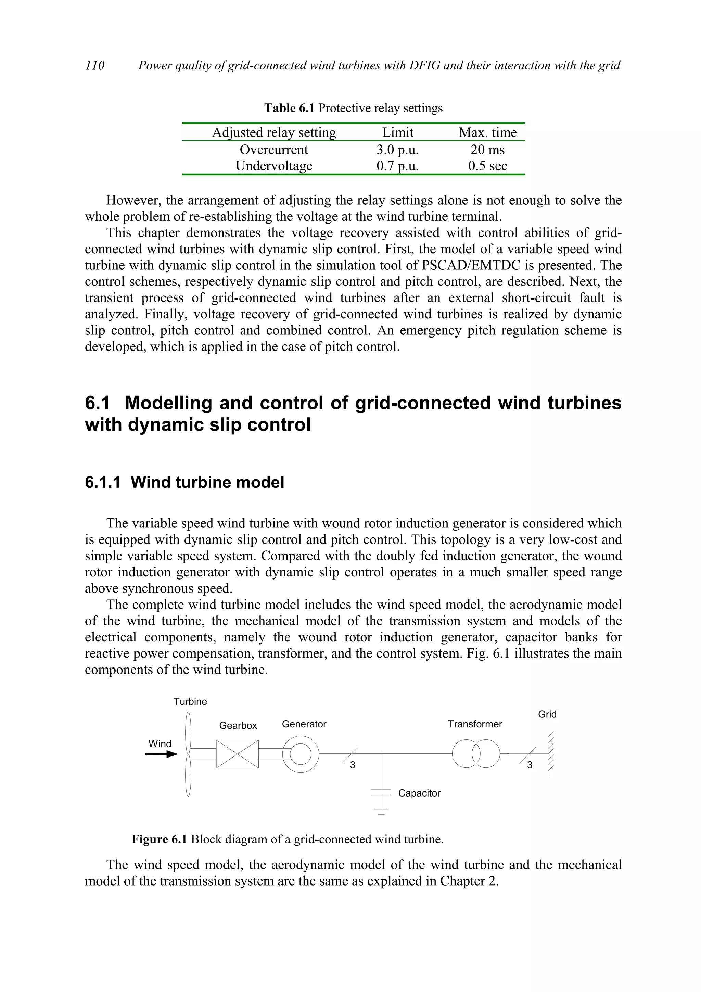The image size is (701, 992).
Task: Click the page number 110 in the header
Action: [x=94, y=65]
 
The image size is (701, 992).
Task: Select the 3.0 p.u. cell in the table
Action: [x=397, y=150]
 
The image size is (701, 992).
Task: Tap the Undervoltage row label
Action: [x=274, y=166]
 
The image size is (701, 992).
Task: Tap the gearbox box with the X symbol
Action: [x=237, y=754]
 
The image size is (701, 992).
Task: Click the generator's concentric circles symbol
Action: [x=301, y=754]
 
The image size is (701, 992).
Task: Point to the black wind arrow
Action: [x=161, y=754]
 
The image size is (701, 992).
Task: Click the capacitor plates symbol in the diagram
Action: [x=380, y=793]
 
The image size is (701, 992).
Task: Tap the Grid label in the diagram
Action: [x=547, y=714]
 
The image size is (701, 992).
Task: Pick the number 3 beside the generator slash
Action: [x=353, y=765]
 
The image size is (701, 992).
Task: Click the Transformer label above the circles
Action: [x=475, y=724]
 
